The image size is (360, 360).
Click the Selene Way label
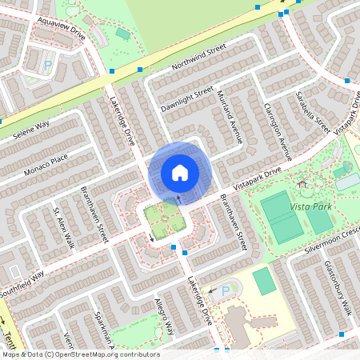click(30, 132)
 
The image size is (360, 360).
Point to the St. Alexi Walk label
click(62, 227)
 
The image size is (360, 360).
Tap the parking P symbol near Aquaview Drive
click(47, 65)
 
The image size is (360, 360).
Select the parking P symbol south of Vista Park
click(225, 290)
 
